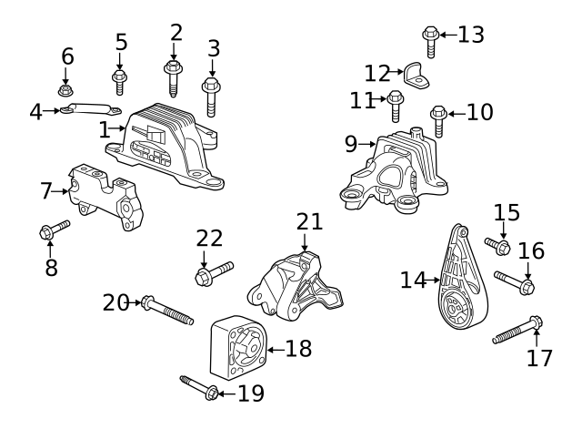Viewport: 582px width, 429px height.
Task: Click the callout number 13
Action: pos(471,35)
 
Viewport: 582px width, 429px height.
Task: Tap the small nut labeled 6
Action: pos(65,90)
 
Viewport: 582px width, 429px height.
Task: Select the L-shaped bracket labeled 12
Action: pos(416,76)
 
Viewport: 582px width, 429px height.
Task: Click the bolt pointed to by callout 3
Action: pos(211,97)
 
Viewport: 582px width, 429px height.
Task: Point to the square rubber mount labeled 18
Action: pos(238,348)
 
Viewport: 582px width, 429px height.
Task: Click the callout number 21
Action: pos(309,222)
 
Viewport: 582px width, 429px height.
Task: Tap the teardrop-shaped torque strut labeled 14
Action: pos(463,278)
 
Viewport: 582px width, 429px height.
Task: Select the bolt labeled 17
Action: pos(517,330)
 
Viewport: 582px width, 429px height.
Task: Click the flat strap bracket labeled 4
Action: pos(91,109)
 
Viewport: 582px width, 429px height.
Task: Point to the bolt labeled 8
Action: pos(55,230)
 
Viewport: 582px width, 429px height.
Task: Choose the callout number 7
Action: pos(46,191)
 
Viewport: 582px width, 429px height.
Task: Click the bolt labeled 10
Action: pos(438,121)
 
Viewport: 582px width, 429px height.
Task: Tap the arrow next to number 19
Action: pos(226,393)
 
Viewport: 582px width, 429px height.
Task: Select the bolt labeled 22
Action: pos(215,273)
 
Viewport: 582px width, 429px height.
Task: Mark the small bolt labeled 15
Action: pos(497,246)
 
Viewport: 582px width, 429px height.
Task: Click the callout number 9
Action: pos(350,144)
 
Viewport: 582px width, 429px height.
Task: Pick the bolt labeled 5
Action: pos(119,82)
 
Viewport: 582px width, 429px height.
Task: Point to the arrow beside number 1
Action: pos(117,128)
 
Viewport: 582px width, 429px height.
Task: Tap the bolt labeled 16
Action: pos(514,283)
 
